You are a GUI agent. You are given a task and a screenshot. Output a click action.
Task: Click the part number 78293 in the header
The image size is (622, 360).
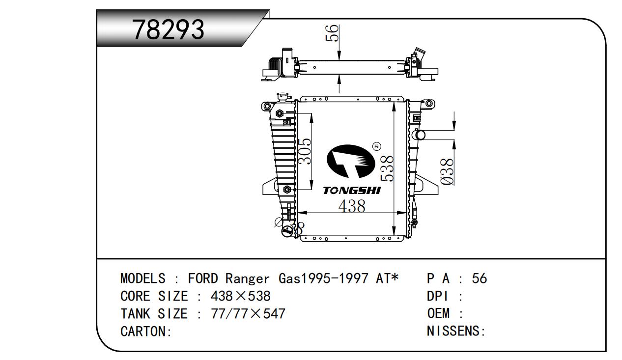(168, 29)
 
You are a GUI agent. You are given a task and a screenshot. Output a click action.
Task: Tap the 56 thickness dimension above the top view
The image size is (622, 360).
(332, 33)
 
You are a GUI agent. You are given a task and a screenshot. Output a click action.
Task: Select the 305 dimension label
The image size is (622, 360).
(304, 151)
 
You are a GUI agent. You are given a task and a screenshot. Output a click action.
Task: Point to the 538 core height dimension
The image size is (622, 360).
(387, 168)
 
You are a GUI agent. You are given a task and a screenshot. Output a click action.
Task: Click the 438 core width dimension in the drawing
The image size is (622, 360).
(352, 206)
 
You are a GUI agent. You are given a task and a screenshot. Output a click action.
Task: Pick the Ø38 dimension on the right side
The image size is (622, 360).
(447, 171)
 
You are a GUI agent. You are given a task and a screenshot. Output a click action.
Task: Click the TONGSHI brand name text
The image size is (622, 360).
(352, 191)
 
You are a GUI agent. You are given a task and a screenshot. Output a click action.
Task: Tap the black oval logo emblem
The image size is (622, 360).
(350, 161)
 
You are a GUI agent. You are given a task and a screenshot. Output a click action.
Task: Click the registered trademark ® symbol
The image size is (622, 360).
(376, 146)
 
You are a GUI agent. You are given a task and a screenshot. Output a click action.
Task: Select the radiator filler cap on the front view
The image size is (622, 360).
(284, 97)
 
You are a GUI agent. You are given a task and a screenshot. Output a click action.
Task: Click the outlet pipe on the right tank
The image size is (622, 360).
(419, 135)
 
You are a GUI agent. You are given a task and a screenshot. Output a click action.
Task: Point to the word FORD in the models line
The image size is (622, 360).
(203, 278)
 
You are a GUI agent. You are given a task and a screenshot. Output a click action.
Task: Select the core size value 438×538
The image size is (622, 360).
(240, 296)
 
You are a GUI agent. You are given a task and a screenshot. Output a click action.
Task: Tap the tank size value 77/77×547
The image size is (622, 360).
(248, 314)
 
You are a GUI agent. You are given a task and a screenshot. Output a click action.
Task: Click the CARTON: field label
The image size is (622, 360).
(146, 332)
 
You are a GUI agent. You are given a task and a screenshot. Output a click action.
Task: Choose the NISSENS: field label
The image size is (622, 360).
(456, 331)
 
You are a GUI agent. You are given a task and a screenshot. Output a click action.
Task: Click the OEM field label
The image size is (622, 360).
(438, 313)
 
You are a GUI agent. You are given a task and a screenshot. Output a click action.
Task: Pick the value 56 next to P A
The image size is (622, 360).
(479, 278)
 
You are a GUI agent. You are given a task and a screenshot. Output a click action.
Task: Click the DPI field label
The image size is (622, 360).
(438, 296)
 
